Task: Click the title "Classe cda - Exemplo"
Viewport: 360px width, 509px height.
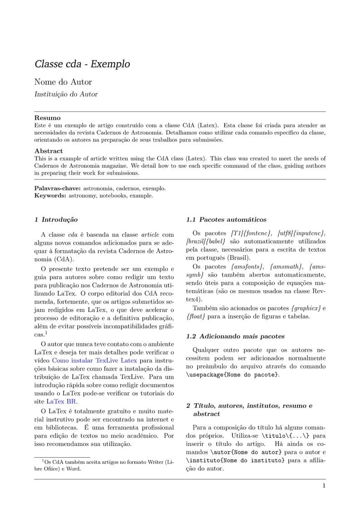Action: (82, 64)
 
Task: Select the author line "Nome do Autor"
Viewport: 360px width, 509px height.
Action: (63, 82)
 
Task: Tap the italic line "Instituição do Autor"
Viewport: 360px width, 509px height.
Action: (66, 94)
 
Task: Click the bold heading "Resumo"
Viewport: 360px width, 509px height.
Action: (47, 117)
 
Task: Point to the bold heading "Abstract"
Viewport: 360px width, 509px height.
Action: (49, 151)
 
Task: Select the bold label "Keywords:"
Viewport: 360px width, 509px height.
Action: (50, 196)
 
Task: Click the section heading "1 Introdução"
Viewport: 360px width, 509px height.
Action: (56, 220)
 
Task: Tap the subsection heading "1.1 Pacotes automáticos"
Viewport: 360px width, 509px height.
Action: (226, 220)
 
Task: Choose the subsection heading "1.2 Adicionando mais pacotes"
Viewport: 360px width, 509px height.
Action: (235, 336)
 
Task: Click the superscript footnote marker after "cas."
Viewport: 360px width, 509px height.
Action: (46, 333)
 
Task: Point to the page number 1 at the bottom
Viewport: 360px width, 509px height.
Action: (324, 486)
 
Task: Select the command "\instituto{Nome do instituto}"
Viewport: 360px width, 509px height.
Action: (235, 461)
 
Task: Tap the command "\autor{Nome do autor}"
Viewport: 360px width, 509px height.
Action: (246, 452)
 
